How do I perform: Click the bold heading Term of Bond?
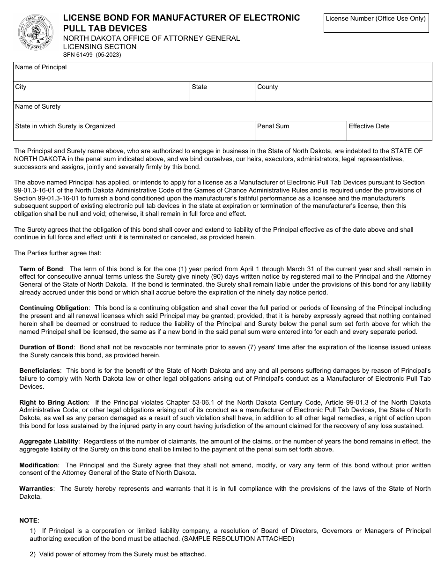point(41,269)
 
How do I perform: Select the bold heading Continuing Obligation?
point(53,308)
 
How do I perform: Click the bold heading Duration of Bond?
point(46,347)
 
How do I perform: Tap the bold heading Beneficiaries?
point(39,370)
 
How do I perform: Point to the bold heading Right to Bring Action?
point(53,402)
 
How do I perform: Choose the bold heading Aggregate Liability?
point(48,441)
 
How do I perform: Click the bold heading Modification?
point(38,465)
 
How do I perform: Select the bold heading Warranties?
point(36,488)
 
